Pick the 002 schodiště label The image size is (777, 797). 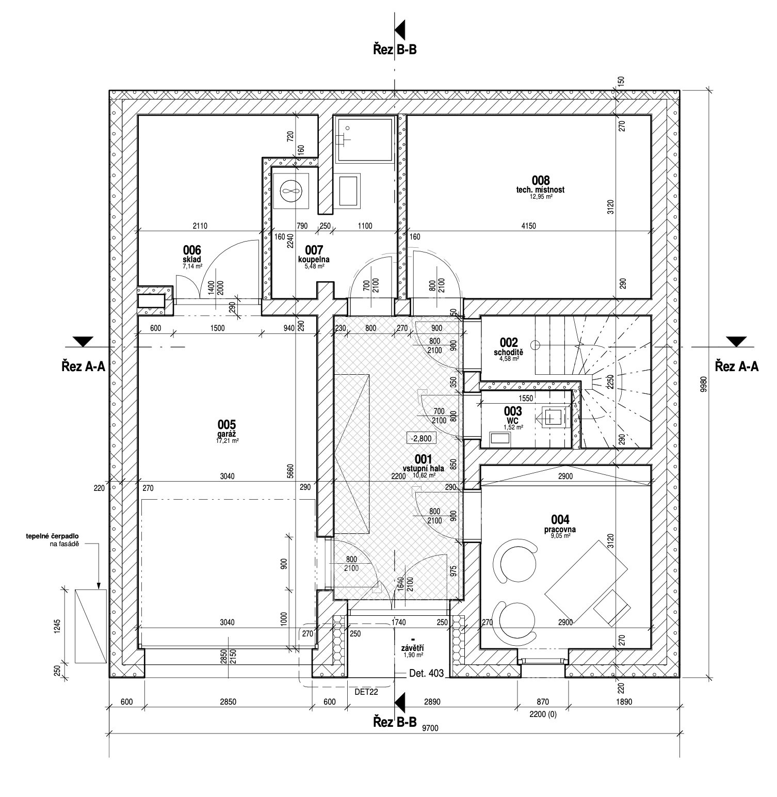pyautogui.click(x=508, y=347)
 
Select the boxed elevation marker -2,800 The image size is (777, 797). pyautogui.click(x=422, y=438)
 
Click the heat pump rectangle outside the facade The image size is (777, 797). pyautogui.click(x=91, y=626)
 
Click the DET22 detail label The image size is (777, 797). pyautogui.click(x=367, y=693)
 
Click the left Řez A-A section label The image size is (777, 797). pyautogui.click(x=83, y=366)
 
